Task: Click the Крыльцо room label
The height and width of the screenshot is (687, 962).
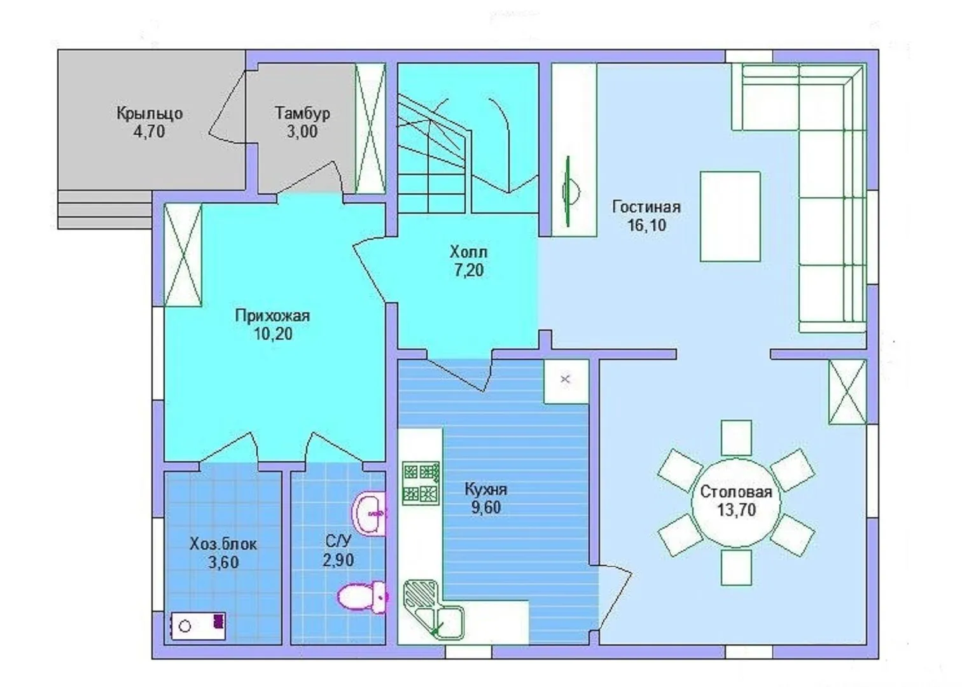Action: [x=150, y=114]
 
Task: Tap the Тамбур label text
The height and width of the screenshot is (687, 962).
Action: [x=302, y=113]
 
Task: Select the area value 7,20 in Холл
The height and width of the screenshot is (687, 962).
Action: [x=469, y=270]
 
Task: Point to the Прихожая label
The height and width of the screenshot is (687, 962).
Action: [x=272, y=316]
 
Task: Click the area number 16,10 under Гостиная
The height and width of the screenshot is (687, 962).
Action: [x=647, y=225]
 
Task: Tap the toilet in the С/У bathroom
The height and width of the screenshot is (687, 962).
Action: [x=363, y=597]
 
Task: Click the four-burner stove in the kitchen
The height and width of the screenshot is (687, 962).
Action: [x=421, y=483]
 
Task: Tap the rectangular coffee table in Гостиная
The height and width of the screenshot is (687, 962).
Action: [x=730, y=216]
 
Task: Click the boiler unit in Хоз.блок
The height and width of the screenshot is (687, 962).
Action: [x=198, y=626]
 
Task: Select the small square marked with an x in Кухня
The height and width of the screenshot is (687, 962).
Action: [x=566, y=381]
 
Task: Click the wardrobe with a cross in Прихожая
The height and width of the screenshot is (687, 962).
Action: [x=183, y=254]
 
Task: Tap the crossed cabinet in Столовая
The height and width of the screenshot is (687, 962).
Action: [x=847, y=392]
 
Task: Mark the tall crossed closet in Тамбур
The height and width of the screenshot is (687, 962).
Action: [x=371, y=128]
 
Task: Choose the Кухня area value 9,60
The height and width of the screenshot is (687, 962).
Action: [x=486, y=508]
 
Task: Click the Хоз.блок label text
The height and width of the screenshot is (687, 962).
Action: [x=223, y=544]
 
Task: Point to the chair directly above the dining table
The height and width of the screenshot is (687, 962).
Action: [x=736, y=438]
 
